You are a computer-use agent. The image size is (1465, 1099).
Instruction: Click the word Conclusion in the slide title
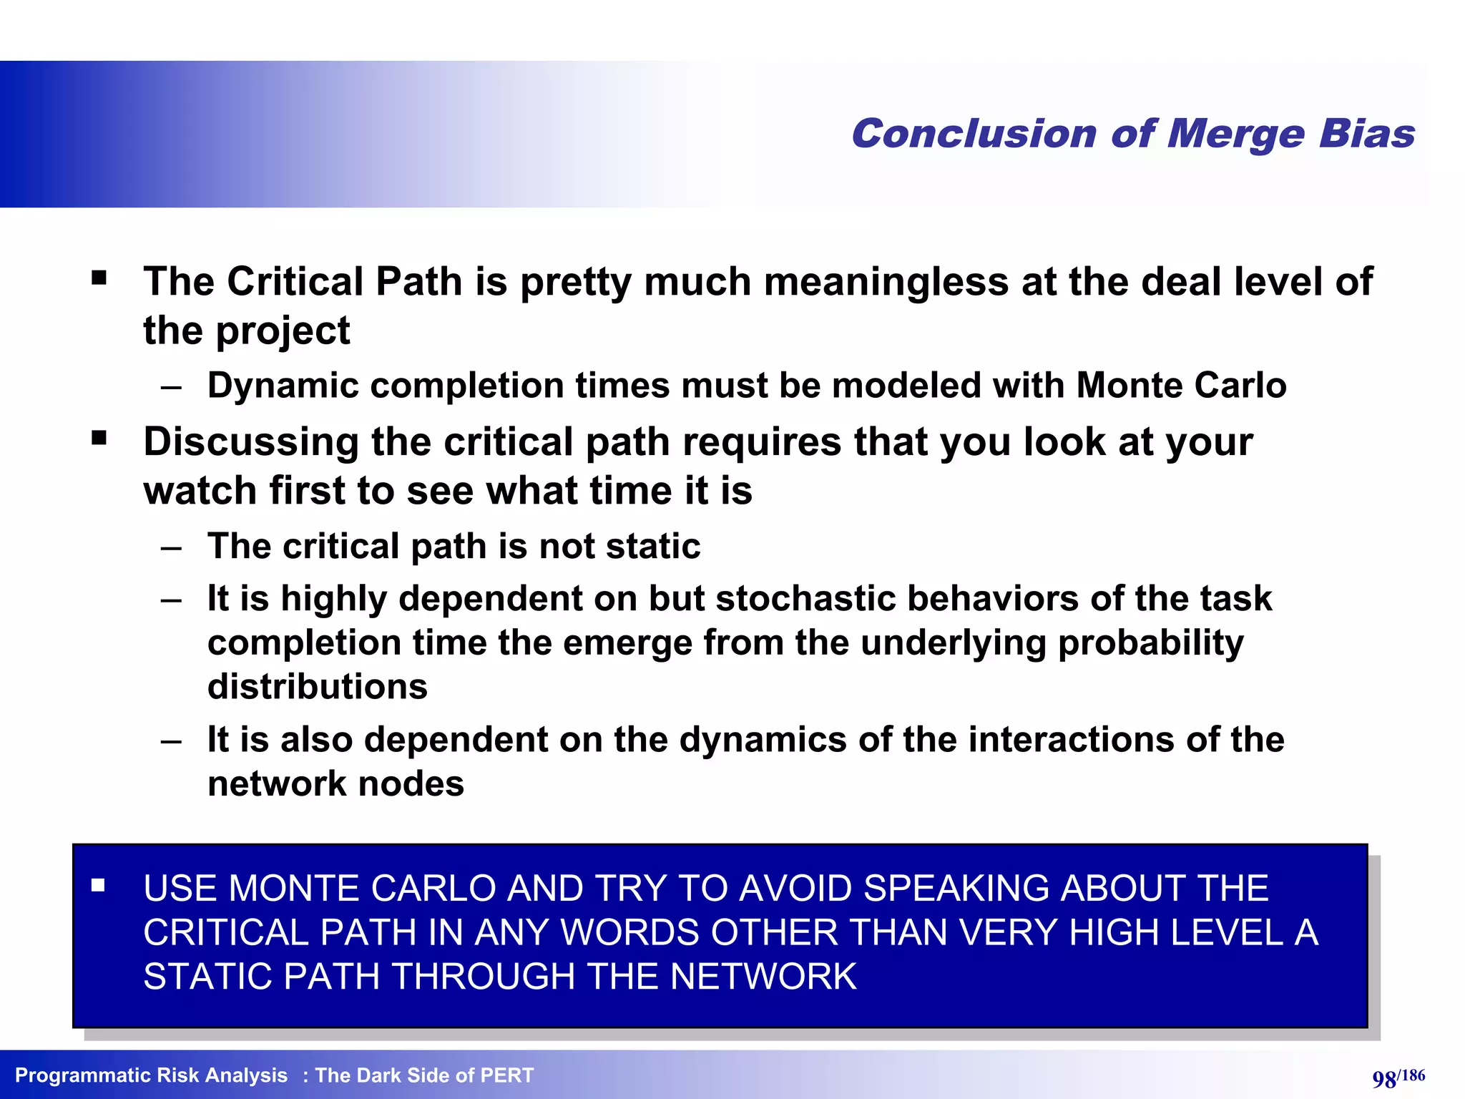pos(974,134)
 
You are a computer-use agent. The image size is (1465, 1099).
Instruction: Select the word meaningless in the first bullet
pos(886,281)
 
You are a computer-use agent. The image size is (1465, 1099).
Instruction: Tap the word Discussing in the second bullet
pos(251,441)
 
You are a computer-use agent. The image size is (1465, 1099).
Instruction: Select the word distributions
pos(318,687)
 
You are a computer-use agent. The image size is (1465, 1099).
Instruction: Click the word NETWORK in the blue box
pos(763,977)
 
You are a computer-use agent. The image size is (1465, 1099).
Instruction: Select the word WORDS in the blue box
pos(629,933)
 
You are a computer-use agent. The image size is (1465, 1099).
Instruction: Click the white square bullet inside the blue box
pos(99,886)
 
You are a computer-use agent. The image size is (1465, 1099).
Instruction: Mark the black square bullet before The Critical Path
pos(99,278)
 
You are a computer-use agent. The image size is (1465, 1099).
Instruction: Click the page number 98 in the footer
pos(1384,1079)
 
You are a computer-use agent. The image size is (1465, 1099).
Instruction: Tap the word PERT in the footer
pos(506,1075)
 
